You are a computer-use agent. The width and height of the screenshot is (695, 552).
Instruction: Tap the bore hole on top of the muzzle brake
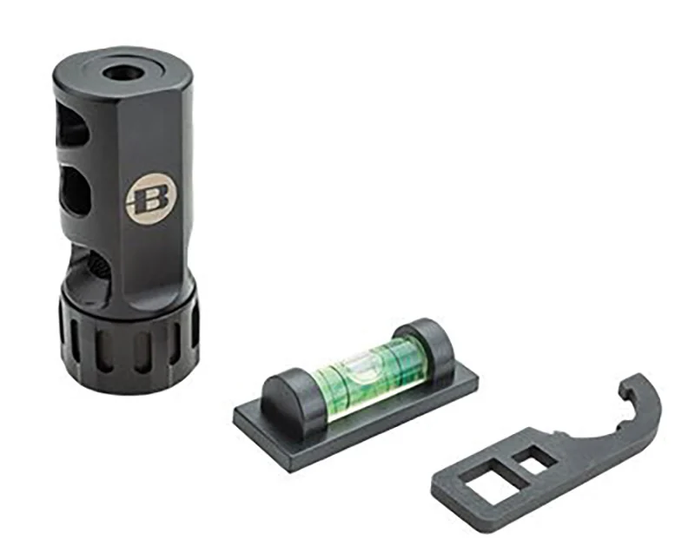pos(122,72)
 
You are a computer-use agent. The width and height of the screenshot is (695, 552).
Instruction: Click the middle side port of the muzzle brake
pos(76,190)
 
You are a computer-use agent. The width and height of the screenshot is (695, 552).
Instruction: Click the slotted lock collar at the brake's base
pos(129,341)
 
